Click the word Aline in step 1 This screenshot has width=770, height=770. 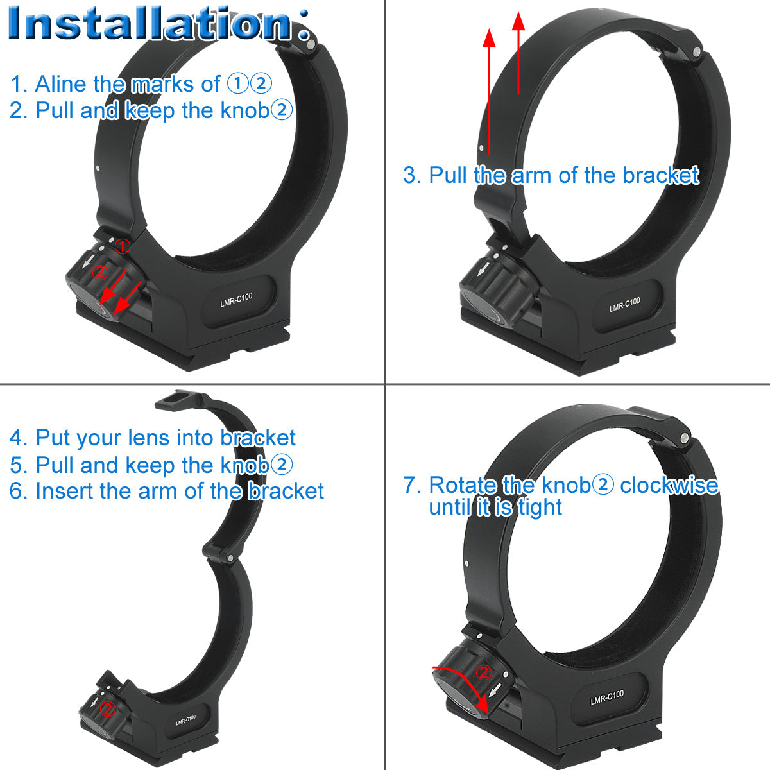pyautogui.click(x=61, y=84)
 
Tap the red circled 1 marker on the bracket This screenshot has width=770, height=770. pyautogui.click(x=123, y=246)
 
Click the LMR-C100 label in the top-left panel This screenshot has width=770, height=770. pyautogui.click(x=236, y=300)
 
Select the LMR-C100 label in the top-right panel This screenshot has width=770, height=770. pyautogui.click(x=624, y=305)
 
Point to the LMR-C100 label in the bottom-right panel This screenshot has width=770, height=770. pyautogui.click(x=606, y=697)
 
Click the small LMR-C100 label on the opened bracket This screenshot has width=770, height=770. pyautogui.click(x=185, y=720)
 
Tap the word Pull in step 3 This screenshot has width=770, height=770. pyautogui.click(x=449, y=175)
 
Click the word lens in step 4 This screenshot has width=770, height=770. pyautogui.click(x=150, y=438)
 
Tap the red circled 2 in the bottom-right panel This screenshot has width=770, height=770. pyautogui.click(x=484, y=672)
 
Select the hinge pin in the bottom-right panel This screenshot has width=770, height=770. pyautogui.click(x=685, y=438)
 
